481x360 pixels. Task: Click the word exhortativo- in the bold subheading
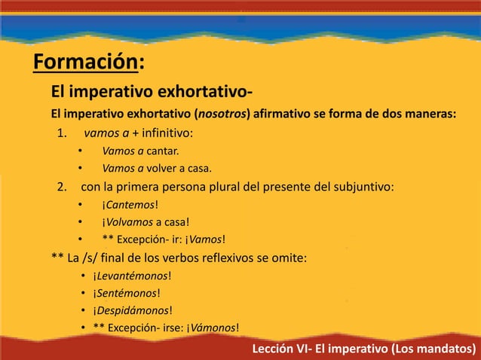coord(204,93)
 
